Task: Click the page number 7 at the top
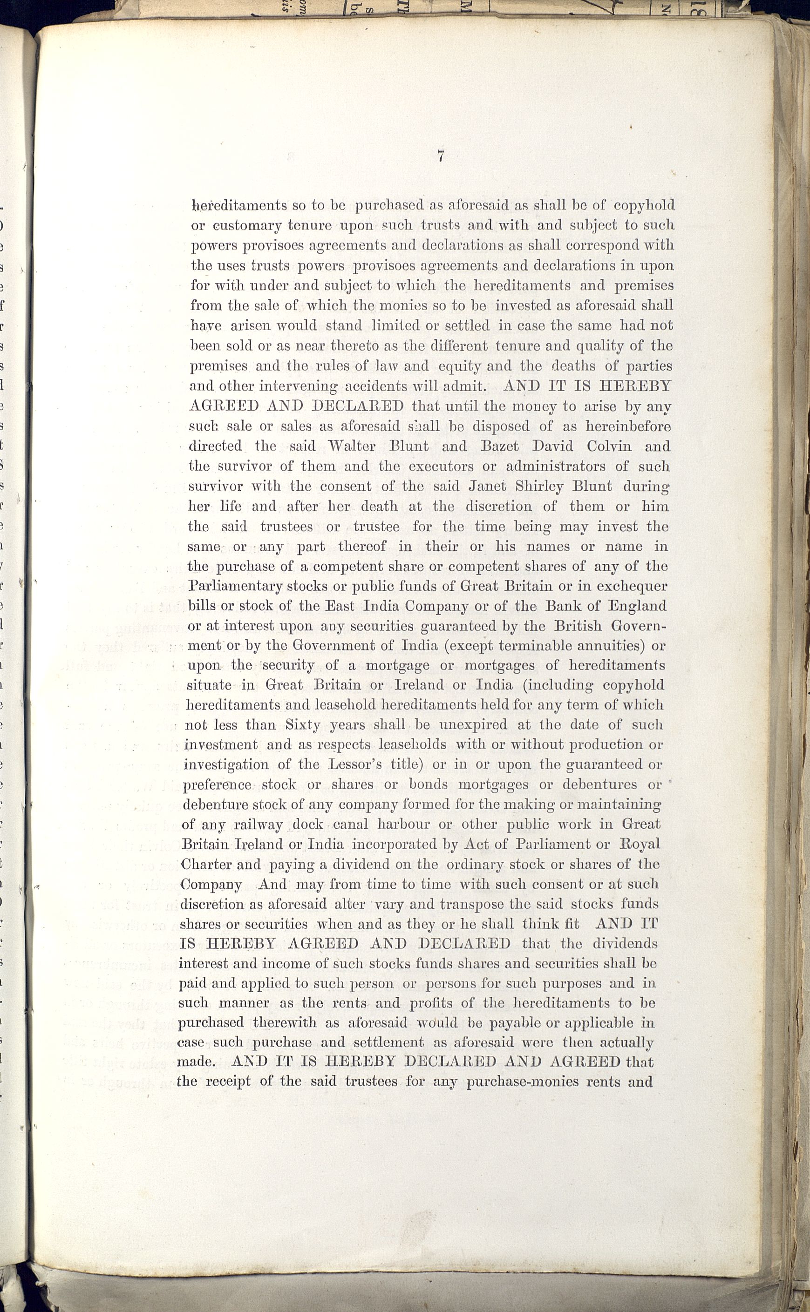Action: (x=440, y=156)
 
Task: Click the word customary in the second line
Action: (x=243, y=226)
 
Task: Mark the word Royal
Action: (x=639, y=845)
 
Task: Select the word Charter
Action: (x=206, y=865)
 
